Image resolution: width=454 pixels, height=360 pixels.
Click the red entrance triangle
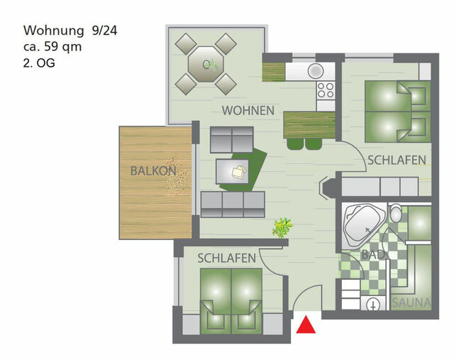tap(306, 325)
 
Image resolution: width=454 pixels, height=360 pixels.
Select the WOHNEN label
tap(248, 111)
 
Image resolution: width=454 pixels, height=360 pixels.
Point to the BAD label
tap(373, 253)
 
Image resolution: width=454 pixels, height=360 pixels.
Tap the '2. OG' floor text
tap(39, 62)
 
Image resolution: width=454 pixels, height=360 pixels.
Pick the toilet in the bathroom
tap(396, 213)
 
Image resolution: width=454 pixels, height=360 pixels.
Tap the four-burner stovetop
tap(326, 90)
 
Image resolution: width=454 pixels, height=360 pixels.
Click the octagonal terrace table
tap(205, 64)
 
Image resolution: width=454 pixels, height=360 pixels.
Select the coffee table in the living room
tap(233, 171)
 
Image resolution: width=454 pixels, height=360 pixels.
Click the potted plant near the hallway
tap(282, 228)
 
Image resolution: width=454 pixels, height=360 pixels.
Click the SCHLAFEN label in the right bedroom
tap(397, 160)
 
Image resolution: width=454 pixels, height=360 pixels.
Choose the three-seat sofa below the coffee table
tap(233, 204)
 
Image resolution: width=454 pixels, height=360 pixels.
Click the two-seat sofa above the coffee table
tap(231, 138)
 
